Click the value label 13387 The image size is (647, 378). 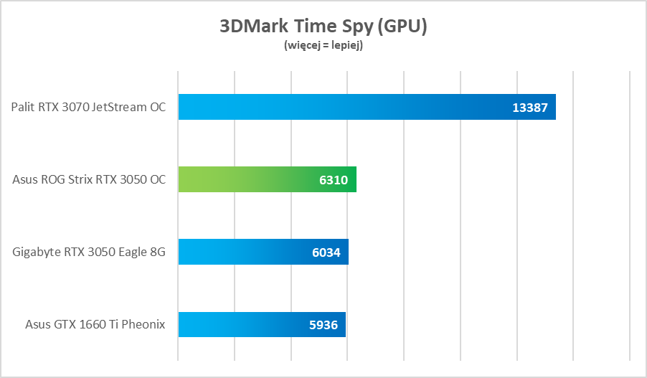(530, 108)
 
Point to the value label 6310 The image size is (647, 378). (334, 180)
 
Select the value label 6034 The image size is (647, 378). (326, 252)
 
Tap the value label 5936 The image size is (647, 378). (323, 325)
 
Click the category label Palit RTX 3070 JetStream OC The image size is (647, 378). (88, 108)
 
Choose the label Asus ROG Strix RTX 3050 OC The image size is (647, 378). (89, 179)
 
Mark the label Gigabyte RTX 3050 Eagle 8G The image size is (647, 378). (89, 252)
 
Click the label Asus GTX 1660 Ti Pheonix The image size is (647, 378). (95, 324)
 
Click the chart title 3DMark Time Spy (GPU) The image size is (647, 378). (323, 27)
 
